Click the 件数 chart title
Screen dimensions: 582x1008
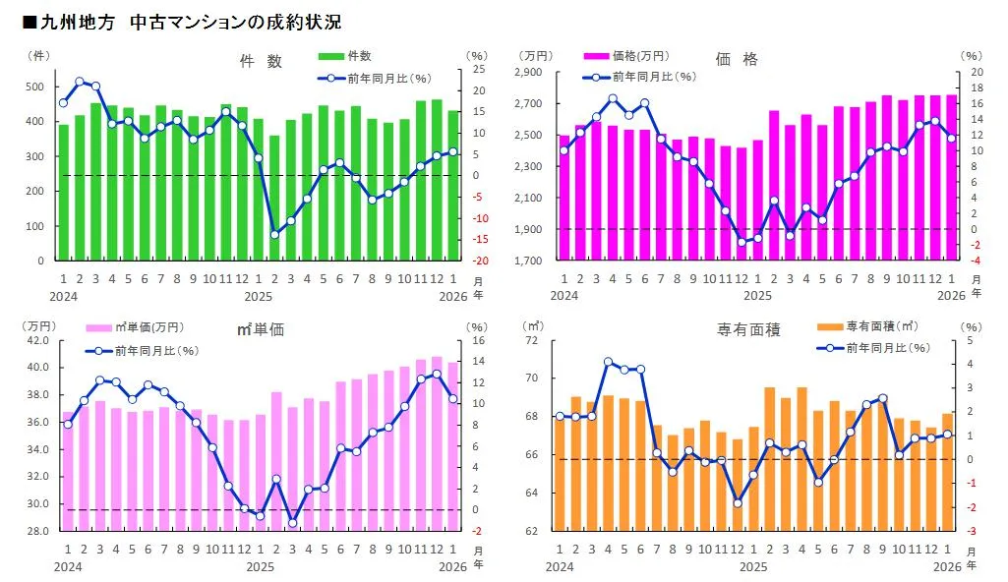261,61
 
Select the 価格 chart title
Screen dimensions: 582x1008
737,60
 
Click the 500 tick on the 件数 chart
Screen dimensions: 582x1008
35,87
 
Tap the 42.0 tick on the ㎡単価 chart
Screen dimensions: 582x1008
36,341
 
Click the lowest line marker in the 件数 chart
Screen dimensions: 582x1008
274,235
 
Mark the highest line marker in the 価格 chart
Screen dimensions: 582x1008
613,98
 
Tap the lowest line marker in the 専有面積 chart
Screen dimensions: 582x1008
738,503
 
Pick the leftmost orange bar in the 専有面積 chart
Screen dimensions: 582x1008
560,473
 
